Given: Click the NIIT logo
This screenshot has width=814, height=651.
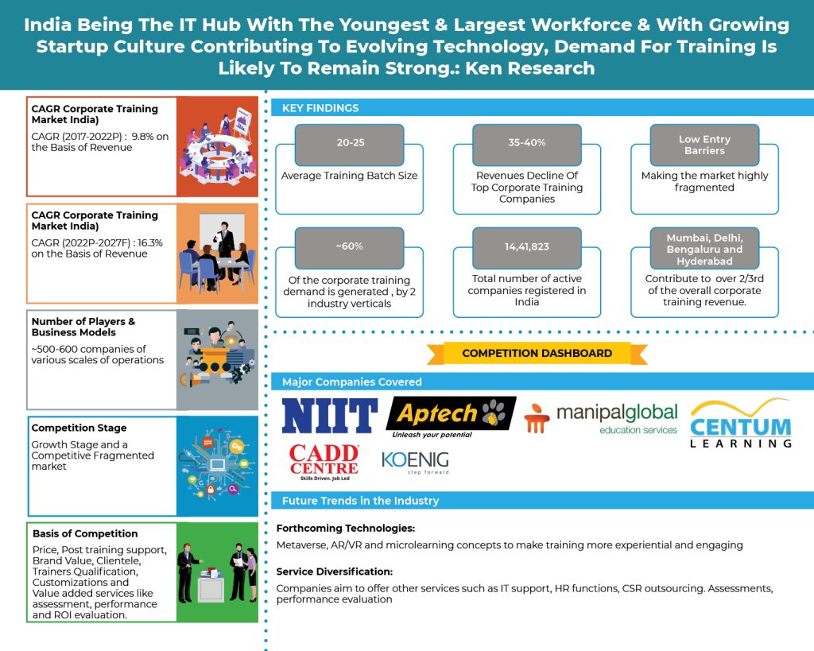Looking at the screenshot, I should click(x=329, y=417).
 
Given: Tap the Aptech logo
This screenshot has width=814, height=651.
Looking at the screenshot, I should click(x=450, y=416).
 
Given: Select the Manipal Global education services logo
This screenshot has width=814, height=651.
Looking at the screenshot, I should click(x=602, y=418).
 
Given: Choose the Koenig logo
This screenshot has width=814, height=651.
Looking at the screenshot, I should click(x=415, y=462).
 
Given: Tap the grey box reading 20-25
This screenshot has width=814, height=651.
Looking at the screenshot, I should click(x=349, y=143).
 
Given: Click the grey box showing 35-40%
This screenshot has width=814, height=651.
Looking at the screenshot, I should click(x=527, y=143).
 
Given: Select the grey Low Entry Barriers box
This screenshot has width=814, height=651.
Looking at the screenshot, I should click(x=704, y=145).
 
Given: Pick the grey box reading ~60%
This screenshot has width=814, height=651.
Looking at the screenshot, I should click(x=349, y=246).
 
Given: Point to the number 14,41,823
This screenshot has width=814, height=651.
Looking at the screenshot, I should click(x=527, y=246).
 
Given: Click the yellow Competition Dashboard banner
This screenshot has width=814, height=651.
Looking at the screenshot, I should click(x=537, y=353).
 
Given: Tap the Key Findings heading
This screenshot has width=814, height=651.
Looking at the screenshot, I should click(x=320, y=108).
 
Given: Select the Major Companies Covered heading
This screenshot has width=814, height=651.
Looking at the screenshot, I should click(x=351, y=382).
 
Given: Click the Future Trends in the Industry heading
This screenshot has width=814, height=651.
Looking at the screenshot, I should click(x=360, y=501).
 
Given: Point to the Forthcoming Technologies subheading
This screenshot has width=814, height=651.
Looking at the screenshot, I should click(x=346, y=529).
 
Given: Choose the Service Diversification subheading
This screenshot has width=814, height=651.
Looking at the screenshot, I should click(x=335, y=572).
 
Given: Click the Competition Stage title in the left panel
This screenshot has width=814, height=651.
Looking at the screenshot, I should click(x=79, y=428).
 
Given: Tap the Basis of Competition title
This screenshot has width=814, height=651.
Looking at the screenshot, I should click(x=85, y=533).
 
